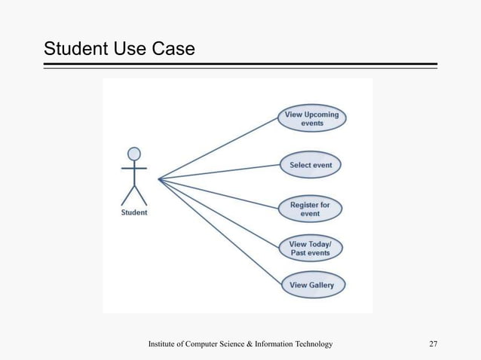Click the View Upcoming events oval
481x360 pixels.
312,119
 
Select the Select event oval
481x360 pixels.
311,165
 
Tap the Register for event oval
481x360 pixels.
310,209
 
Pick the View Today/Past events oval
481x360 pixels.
311,249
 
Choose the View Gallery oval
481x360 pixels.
311,285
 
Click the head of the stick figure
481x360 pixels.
134,154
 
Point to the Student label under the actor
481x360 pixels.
134,212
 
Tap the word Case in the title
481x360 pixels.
173,49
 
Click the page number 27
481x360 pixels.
433,344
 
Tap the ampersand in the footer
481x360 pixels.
251,344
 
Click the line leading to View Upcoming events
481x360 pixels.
219,148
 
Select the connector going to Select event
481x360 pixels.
219,172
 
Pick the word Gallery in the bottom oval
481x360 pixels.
321,285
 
